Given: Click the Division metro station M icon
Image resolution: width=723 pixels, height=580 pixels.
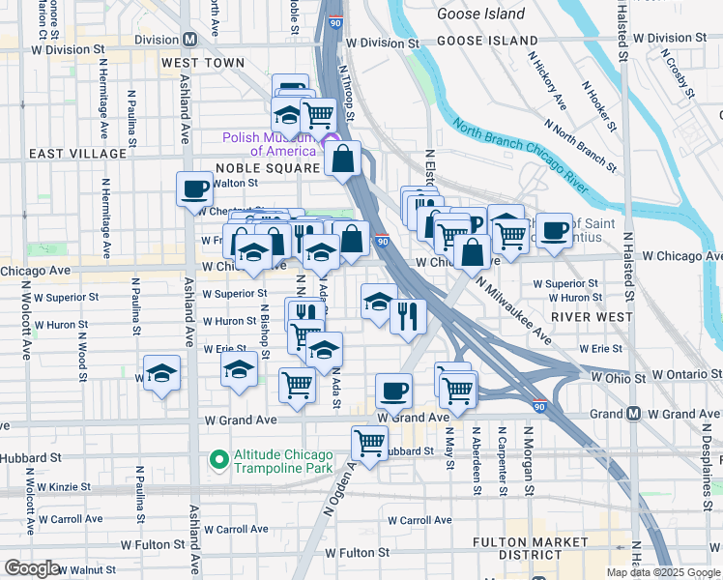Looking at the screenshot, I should coord(189,40).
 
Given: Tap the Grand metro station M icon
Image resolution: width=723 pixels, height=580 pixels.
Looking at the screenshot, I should coord(633,414).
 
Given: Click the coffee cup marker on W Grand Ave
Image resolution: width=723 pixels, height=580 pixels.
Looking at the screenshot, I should coord(393,391).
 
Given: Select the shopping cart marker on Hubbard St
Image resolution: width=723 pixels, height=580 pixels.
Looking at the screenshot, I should coord(369,443).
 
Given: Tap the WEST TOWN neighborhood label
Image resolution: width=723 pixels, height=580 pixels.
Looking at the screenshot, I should coord(203,63).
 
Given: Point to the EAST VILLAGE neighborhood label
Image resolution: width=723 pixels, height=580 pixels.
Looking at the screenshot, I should coord(77,154).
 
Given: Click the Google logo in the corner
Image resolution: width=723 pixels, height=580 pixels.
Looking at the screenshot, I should coord(31,567).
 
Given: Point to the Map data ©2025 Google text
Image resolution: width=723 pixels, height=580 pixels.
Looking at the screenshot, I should coord(664,572).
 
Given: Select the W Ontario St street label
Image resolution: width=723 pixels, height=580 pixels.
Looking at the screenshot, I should coord(685,373).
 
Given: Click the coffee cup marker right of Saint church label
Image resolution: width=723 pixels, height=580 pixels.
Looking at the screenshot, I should coord(554,230).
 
